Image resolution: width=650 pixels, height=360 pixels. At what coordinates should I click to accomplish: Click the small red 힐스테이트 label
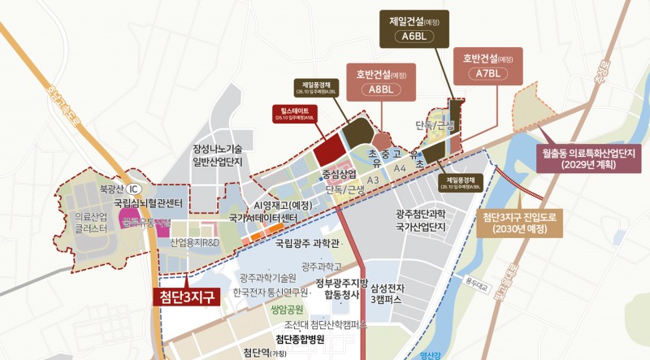pyautogui.click(x=293, y=114)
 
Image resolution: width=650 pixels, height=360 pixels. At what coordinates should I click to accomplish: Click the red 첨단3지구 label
pyautogui.click(x=186, y=296)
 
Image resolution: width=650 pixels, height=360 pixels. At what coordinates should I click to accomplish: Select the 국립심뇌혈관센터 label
pyautogui.click(x=152, y=202)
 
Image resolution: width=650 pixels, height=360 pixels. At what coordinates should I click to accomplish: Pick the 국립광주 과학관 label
pyautogui.click(x=307, y=242)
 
